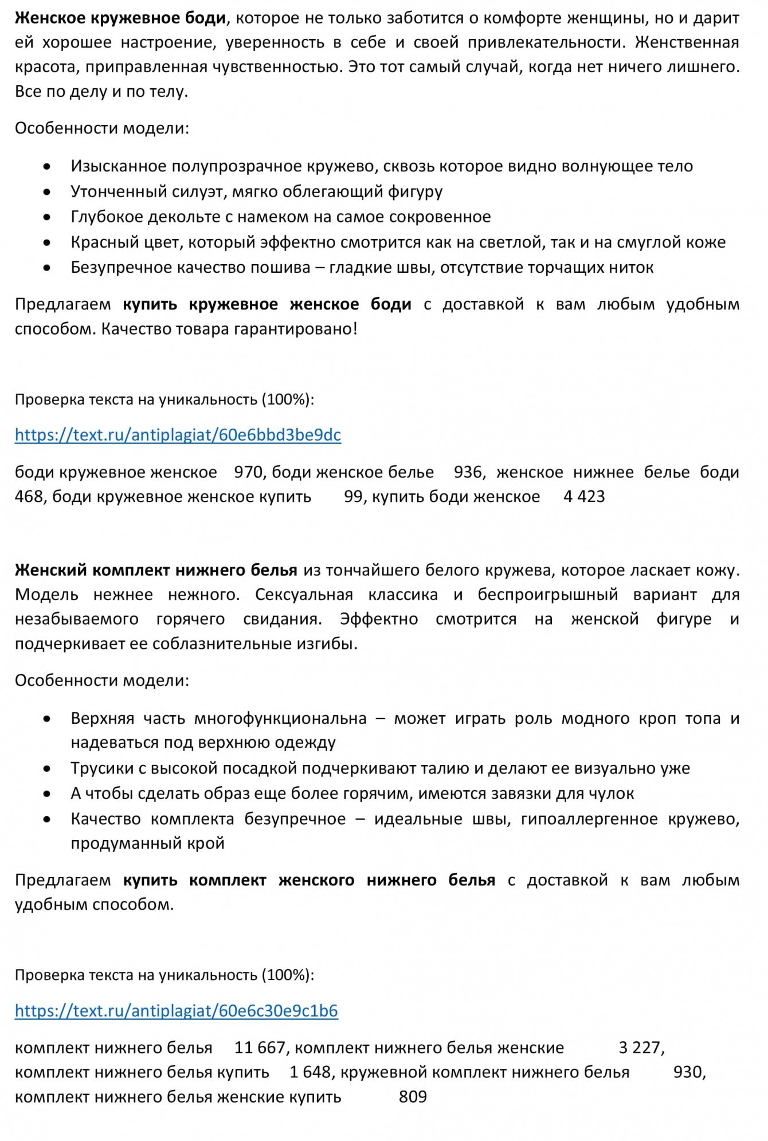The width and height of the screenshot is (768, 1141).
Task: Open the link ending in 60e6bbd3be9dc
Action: (x=178, y=435)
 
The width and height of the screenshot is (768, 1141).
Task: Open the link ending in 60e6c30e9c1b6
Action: (x=176, y=1010)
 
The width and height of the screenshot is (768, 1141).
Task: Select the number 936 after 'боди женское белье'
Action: (x=468, y=472)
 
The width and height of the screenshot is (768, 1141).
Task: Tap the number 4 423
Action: (x=584, y=496)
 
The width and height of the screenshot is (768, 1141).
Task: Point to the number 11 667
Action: (x=260, y=1048)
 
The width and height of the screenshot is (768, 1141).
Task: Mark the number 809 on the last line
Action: (x=413, y=1097)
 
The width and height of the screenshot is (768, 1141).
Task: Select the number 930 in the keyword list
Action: (x=688, y=1072)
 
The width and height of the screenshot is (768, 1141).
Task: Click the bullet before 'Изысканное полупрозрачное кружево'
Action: (x=47, y=167)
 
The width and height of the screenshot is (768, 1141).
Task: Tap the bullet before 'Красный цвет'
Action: (x=47, y=243)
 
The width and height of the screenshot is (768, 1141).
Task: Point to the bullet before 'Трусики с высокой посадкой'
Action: (x=47, y=769)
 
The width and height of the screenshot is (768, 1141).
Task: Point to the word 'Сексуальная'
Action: (x=304, y=594)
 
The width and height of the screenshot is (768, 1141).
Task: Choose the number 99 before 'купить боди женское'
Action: (x=352, y=496)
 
